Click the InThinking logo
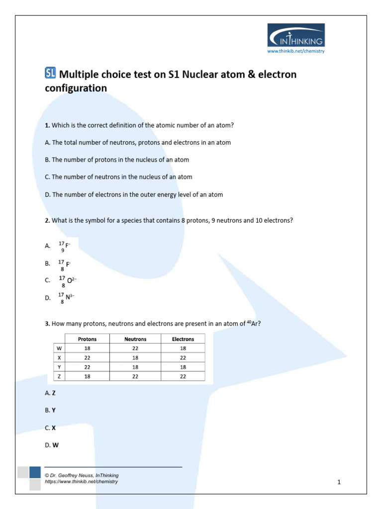click(296, 35)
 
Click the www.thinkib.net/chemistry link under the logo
click(296, 51)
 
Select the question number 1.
click(47, 125)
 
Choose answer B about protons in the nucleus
click(117, 160)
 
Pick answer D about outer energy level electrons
click(134, 195)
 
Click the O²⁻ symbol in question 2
click(71, 280)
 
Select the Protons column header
click(88, 339)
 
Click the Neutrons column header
click(135, 339)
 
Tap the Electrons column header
click(183, 339)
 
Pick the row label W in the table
click(59, 348)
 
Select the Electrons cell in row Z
click(183, 376)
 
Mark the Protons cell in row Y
click(88, 367)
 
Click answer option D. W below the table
click(52, 445)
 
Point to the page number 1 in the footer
click(339, 482)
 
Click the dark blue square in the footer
click(35, 472)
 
